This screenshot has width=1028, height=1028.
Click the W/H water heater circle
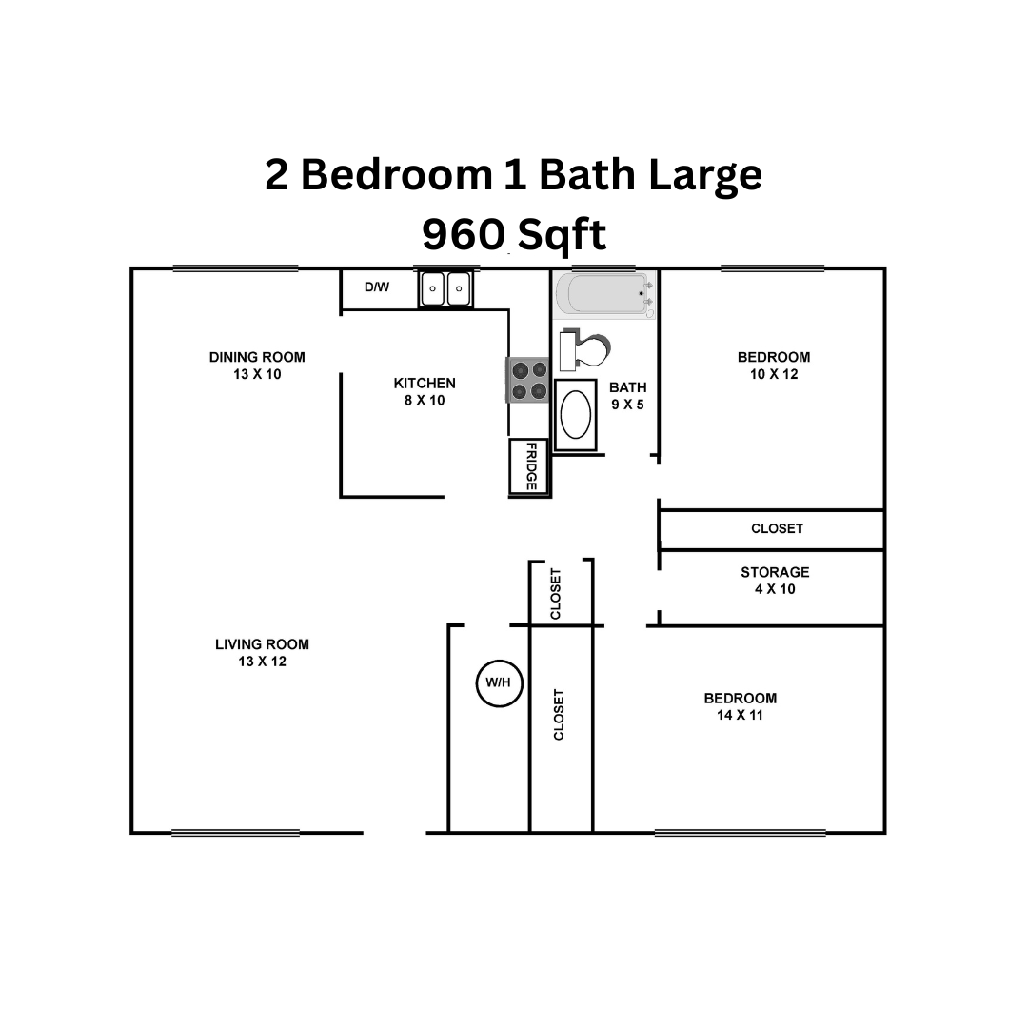(499, 683)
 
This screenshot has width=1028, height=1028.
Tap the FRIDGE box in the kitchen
(529, 466)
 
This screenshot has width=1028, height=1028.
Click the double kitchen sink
(445, 288)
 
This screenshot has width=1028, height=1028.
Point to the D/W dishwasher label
(377, 287)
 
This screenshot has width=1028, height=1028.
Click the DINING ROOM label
(257, 358)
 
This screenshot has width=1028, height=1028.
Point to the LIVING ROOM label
(262, 644)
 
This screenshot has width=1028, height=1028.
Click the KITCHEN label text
(425, 384)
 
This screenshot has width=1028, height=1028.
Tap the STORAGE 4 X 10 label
(775, 581)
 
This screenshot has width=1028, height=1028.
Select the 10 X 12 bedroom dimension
(774, 375)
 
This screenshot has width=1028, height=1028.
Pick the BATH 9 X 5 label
(627, 396)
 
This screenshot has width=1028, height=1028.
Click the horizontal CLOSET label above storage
(777, 528)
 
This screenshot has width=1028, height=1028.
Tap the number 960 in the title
(463, 234)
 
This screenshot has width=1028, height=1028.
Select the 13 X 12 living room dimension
(262, 662)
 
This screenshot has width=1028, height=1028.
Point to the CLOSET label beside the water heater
(559, 714)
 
